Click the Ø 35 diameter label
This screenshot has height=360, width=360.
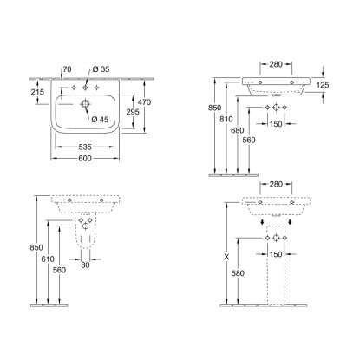tap(101, 69)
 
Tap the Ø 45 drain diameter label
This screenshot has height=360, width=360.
tap(100, 119)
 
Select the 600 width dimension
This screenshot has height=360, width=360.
tap(85, 158)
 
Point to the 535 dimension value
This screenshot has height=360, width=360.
tap(85, 147)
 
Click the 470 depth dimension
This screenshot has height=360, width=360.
tap(144, 102)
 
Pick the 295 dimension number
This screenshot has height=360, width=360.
tap(133, 111)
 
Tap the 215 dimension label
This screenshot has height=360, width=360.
tap(37, 92)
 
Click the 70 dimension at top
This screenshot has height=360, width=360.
tap(67, 69)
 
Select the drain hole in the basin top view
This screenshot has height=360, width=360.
tap(85, 104)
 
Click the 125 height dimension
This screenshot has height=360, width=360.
tap(323, 85)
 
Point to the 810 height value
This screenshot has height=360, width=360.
tap(226, 119)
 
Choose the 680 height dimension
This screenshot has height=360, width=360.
tap(238, 130)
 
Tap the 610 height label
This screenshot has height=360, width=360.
tap(48, 259)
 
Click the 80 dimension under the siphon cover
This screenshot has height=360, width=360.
tap(85, 265)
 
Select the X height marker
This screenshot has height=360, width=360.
tap(226, 257)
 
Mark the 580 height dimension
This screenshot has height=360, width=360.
tap(238, 273)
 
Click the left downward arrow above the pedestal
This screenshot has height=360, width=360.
tap(262, 222)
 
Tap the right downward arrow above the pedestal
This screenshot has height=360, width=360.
tap(290, 222)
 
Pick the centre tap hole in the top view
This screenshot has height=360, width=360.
tap(85, 88)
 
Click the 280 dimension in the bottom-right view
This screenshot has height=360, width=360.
tap(276, 184)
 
